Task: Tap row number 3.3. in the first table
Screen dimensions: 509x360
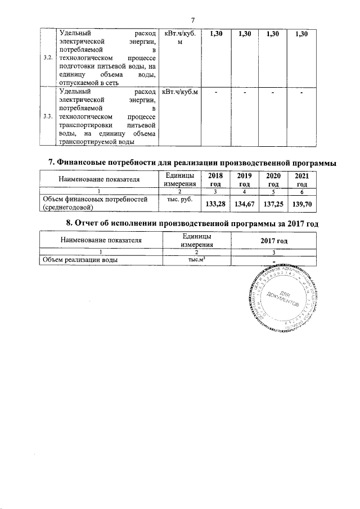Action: pyautogui.click(x=48, y=116)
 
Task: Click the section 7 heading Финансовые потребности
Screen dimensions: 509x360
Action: pyautogui.click(x=192, y=163)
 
